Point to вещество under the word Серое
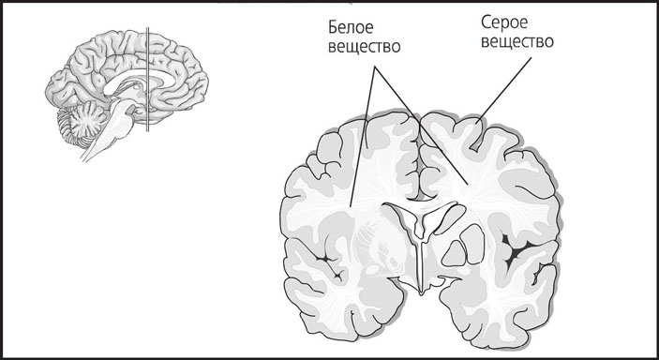coord(514,43)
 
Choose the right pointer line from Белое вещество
coord(421,127)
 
